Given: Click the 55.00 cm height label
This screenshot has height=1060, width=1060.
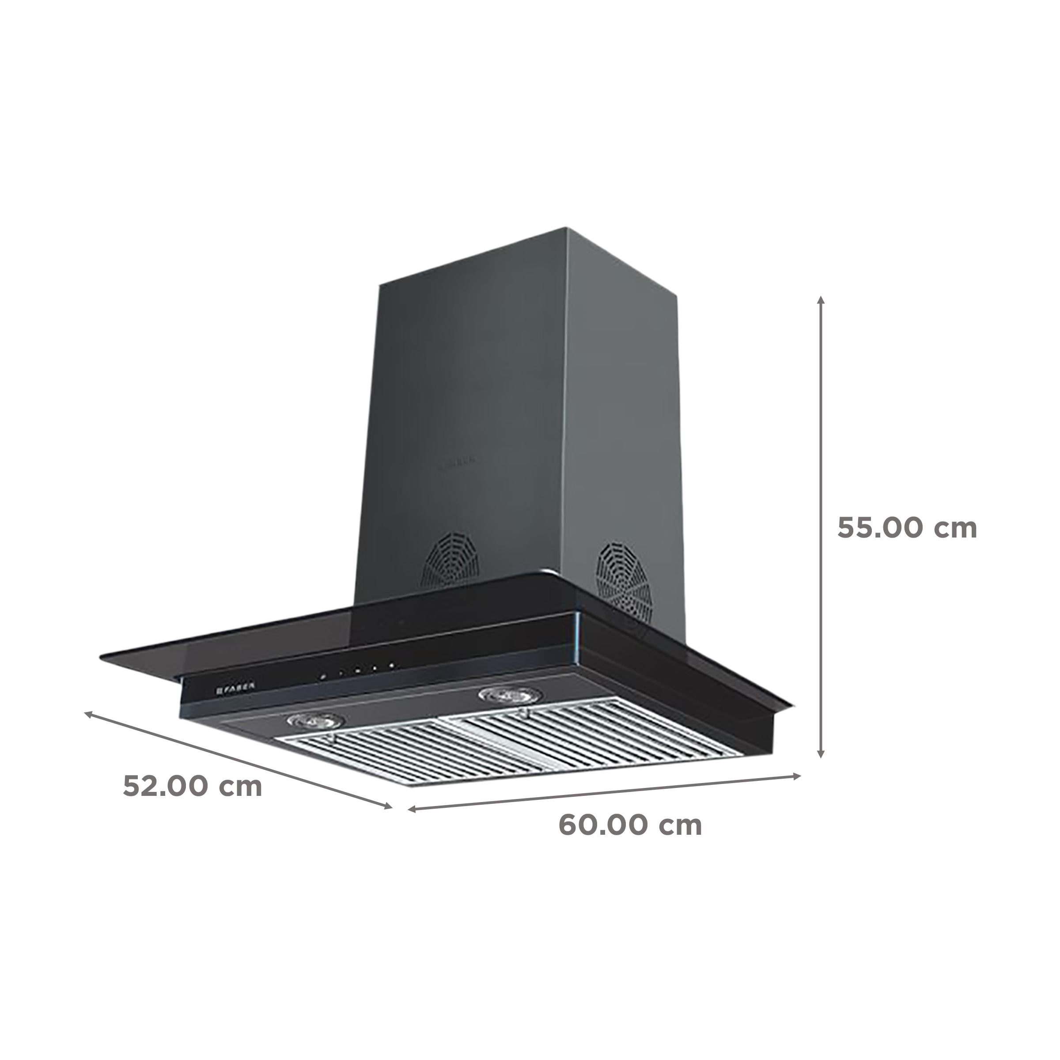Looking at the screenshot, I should [908, 528].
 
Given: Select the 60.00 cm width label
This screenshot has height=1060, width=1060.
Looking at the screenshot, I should [630, 840].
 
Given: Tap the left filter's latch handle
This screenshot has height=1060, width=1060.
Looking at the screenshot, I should [331, 739].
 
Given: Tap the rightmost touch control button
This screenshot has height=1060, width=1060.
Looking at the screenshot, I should [392, 666].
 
